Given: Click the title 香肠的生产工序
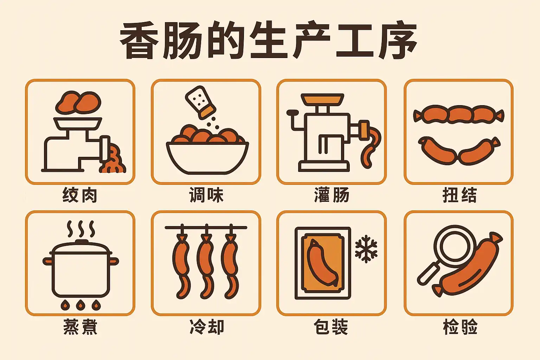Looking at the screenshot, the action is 268,40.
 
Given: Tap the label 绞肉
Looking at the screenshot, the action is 80,195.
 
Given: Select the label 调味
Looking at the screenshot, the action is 206,195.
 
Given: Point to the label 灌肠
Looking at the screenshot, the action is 332,195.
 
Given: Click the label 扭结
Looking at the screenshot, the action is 459,195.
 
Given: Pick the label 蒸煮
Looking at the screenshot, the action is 80,327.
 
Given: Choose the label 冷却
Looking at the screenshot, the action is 207,327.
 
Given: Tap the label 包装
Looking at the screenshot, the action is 331,327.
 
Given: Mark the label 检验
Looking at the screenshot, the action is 460,327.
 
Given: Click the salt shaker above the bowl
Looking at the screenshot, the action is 201,102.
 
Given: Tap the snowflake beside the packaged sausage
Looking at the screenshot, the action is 366,249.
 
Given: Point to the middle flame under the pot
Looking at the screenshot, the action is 81,305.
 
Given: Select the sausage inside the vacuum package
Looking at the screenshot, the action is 322,263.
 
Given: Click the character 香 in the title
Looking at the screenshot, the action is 140,40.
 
